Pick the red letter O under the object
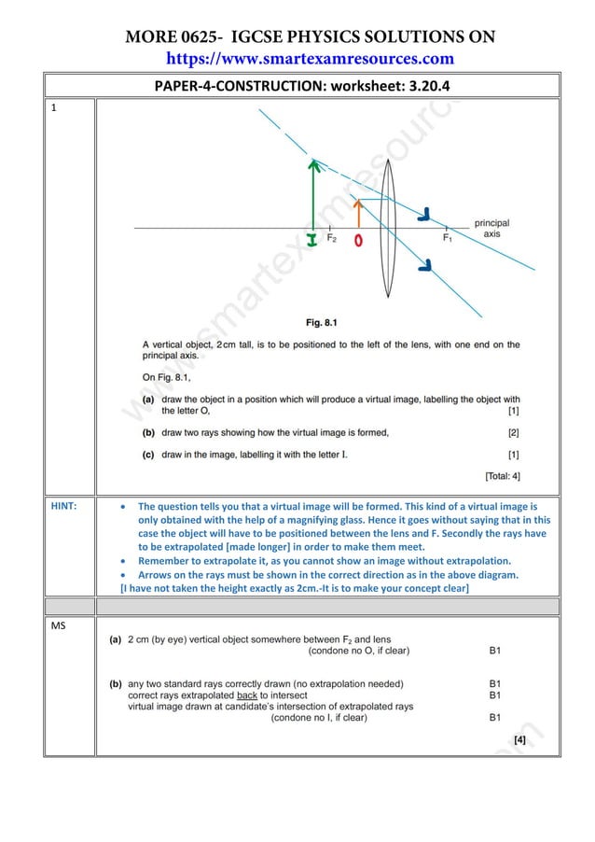pyautogui.click(x=359, y=241)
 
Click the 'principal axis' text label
pyautogui.click(x=491, y=229)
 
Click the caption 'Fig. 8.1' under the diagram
pyautogui.click(x=323, y=322)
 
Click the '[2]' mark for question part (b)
pyautogui.click(x=513, y=432)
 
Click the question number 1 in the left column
pyautogui.click(x=53, y=107)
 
